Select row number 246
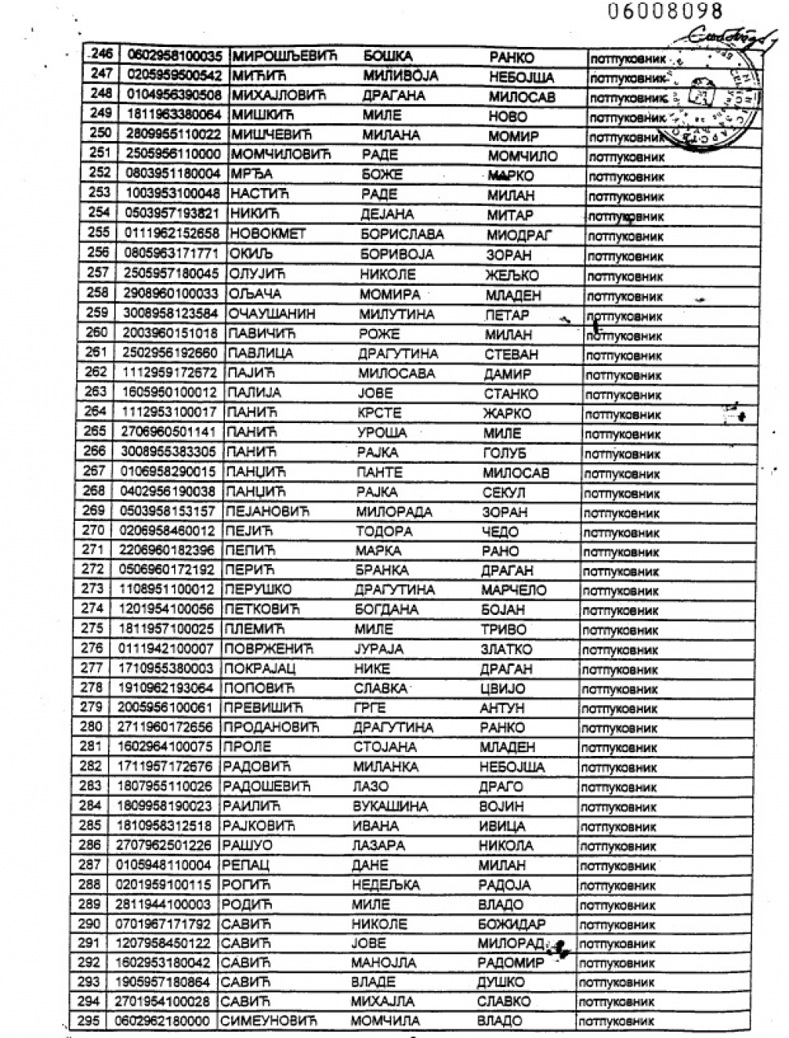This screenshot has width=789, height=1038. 102,54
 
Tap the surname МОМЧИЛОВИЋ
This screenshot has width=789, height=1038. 280,155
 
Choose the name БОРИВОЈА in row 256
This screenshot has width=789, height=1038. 396,254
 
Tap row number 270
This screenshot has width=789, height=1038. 92,530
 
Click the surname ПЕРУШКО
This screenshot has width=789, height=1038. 257,590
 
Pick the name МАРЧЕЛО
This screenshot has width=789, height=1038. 514,590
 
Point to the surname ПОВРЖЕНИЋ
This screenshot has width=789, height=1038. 267,649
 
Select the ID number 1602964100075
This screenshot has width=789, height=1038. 165,747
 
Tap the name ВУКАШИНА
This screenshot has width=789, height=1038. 389,806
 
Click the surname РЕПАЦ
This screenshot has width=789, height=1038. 243,865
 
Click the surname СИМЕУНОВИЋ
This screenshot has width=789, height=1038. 267,1021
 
